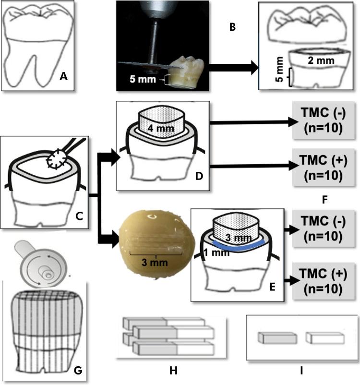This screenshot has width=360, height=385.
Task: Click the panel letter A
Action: (63, 75)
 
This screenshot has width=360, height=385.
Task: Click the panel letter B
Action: (232, 27)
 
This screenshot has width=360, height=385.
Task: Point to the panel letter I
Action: (301, 371)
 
